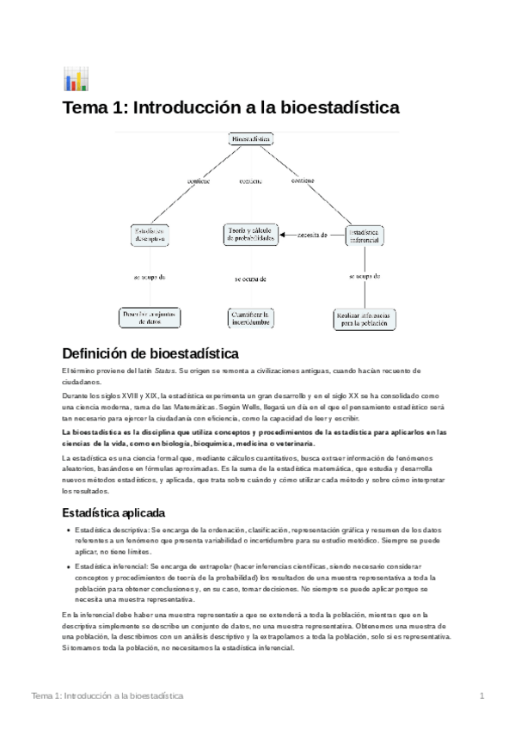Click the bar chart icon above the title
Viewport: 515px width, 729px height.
75,79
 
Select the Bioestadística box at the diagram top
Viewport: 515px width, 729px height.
252,138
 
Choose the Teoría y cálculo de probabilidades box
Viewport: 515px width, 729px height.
252,235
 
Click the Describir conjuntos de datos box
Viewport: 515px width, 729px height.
150,318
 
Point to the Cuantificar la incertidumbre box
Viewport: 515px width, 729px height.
250,318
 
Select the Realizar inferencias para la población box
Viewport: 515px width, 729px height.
364,319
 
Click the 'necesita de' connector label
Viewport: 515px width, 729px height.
312,235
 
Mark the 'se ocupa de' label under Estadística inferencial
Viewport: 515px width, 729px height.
365,277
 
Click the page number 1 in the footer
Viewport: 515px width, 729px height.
483,695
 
